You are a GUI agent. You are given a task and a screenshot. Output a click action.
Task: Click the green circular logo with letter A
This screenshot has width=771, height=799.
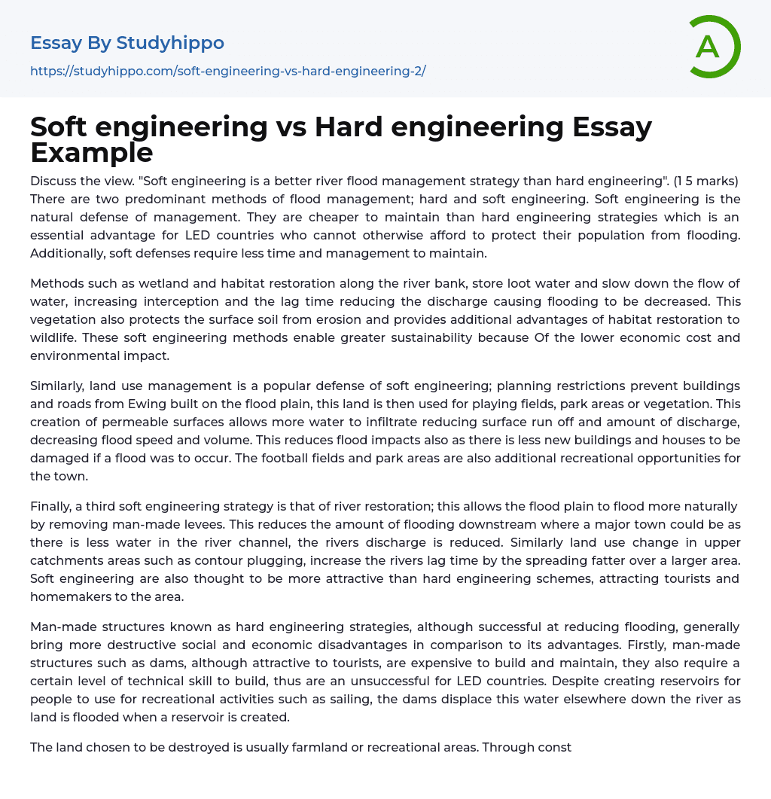pos(714,47)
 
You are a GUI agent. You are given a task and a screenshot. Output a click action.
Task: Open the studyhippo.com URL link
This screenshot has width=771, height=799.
pos(227,72)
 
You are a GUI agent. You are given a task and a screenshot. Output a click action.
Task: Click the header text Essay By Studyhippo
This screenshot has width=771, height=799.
pos(127,43)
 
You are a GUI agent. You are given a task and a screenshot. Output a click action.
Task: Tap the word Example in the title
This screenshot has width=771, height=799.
pos(92,153)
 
